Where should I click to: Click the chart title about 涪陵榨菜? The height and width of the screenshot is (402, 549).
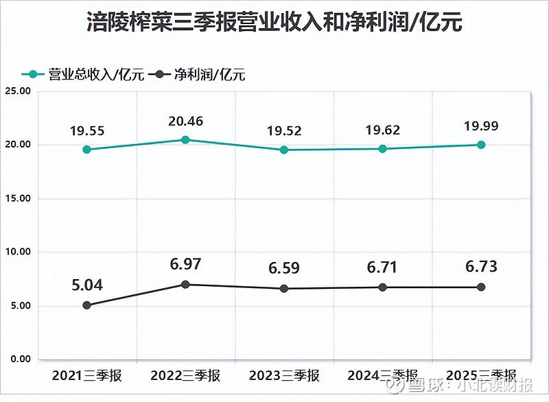tap(274, 23)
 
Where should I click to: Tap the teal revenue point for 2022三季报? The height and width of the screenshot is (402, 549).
tap(185, 140)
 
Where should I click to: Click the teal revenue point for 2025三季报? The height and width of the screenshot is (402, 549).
tap(481, 145)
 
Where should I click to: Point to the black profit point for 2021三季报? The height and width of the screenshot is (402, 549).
tap(87, 305)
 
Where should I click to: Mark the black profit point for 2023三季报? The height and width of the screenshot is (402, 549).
tap(284, 288)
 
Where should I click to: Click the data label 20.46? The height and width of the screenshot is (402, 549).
tap(185, 121)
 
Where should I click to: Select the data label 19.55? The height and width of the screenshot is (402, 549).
tap(87, 130)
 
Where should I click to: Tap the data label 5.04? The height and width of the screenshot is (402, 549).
tap(87, 285)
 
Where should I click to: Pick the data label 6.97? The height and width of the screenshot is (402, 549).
tap(185, 265)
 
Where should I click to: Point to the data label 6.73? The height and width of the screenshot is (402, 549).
tap(481, 267)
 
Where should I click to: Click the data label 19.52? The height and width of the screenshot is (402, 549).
tap(284, 131)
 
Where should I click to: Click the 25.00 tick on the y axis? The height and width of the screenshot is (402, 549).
tap(17, 91)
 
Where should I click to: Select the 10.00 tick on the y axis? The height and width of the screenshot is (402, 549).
tap(17, 252)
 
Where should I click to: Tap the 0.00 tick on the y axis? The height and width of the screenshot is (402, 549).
tap(20, 359)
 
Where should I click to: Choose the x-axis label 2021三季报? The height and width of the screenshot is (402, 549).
tap(87, 375)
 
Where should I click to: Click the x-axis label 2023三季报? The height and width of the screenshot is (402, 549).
tap(284, 375)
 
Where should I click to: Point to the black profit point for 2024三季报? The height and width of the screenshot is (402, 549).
tap(382, 287)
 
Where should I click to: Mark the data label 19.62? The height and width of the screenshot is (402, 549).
tap(382, 130)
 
